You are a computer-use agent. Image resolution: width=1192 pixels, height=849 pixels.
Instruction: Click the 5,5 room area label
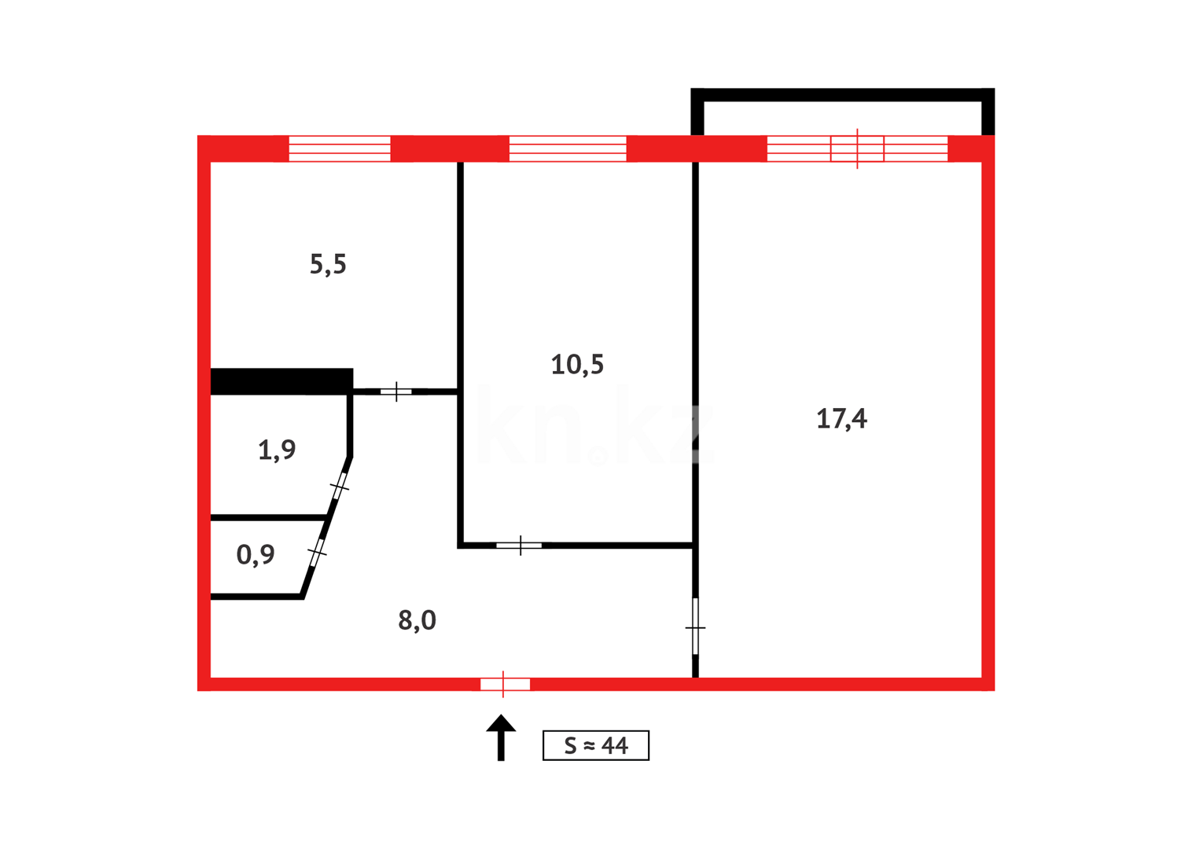click(x=328, y=264)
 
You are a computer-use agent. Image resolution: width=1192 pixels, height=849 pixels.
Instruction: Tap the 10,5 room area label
click(x=577, y=365)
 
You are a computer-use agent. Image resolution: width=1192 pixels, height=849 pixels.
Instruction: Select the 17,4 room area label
click(x=841, y=419)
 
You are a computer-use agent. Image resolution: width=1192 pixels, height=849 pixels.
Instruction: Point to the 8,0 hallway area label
click(x=417, y=620)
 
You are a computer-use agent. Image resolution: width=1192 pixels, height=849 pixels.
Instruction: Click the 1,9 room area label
click(x=277, y=450)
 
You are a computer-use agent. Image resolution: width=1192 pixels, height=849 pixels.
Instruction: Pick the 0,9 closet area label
click(x=256, y=555)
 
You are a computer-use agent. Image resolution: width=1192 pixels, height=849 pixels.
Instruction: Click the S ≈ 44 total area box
click(x=596, y=745)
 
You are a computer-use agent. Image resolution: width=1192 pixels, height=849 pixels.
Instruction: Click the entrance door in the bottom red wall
click(x=505, y=685)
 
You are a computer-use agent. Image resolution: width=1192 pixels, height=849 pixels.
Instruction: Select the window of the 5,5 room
click(x=340, y=149)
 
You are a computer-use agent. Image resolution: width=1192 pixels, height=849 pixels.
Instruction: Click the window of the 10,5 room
click(x=568, y=149)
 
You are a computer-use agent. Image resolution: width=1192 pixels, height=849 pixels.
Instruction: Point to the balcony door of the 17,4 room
click(x=857, y=149)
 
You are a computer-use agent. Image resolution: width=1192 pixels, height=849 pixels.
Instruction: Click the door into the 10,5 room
click(x=519, y=545)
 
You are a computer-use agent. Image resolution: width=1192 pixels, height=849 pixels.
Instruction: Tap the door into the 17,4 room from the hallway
click(x=695, y=627)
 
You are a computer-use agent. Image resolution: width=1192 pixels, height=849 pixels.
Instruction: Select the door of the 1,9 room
click(x=340, y=487)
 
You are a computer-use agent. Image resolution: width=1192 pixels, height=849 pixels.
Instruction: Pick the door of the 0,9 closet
click(x=317, y=553)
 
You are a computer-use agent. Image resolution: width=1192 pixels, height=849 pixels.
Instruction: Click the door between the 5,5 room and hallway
click(x=396, y=391)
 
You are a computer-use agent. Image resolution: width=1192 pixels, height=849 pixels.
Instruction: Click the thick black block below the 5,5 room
click(x=281, y=381)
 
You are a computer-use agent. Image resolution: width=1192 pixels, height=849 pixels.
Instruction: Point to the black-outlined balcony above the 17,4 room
click(x=842, y=95)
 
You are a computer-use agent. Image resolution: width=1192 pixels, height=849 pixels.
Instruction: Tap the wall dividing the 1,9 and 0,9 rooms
click(x=268, y=517)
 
